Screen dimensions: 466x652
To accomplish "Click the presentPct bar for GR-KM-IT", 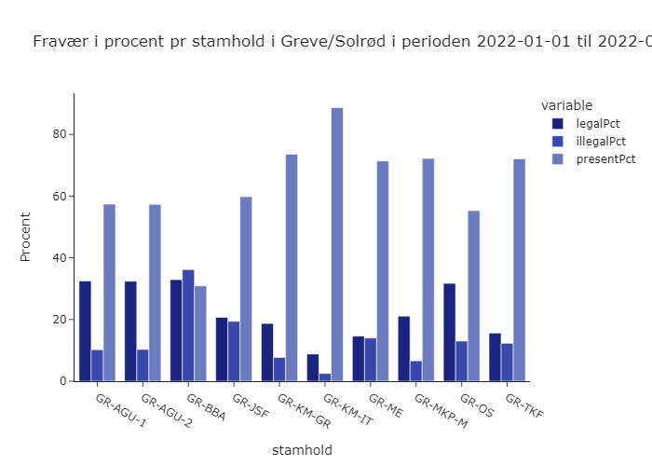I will click(337, 244).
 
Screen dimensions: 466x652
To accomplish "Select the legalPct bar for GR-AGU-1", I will click(85, 331).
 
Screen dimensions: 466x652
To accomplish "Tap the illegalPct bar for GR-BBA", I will click(188, 325).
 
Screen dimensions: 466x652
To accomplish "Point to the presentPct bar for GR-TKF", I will click(520, 270).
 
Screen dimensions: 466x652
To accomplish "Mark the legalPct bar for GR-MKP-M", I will click(404, 349).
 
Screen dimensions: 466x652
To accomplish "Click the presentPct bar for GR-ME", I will click(383, 271).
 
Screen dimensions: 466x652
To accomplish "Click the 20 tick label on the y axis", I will click(61, 320).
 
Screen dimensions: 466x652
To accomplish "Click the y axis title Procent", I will click(26, 237).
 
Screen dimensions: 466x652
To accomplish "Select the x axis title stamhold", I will click(302, 450).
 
